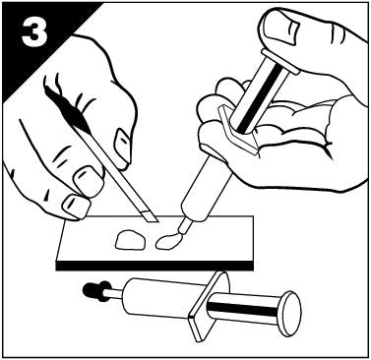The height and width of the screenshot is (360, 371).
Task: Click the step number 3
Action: pyautogui.click(x=34, y=33)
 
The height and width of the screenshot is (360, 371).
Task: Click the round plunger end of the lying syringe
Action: pyautogui.click(x=290, y=314)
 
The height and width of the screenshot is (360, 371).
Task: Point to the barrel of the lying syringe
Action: pyautogui.click(x=156, y=297)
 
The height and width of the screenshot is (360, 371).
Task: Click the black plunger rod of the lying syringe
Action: pyautogui.click(x=244, y=309)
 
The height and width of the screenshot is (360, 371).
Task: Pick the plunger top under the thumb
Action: pyautogui.click(x=279, y=61)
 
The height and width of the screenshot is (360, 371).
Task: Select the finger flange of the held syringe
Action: pyautogui.click(x=237, y=130)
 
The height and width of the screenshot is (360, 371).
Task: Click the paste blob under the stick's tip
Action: pyautogui.click(x=130, y=240)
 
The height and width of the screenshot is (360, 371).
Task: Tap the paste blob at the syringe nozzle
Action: pyautogui.click(x=166, y=243)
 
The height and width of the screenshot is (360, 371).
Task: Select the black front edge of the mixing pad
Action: pyautogui.click(x=155, y=266)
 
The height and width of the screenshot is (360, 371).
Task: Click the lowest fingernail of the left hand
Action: pyautogui.click(x=76, y=208)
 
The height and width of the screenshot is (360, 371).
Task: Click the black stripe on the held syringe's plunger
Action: pyautogui.click(x=260, y=99)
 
